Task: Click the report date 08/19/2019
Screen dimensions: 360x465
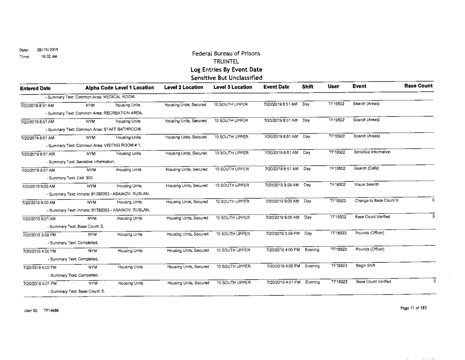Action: pyautogui.click(x=48, y=49)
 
